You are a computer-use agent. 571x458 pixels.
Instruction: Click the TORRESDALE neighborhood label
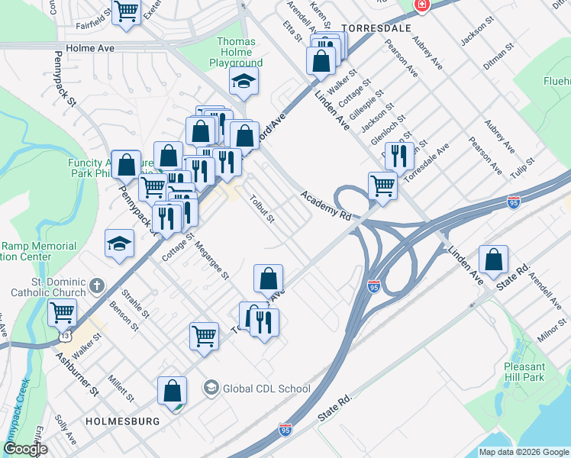click(370, 27)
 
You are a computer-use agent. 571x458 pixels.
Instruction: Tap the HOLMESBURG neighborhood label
click(122, 421)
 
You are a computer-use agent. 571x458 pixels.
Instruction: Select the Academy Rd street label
click(326, 206)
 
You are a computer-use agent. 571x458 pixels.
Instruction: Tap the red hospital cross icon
click(421, 6)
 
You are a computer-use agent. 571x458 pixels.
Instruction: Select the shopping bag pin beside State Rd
click(495, 260)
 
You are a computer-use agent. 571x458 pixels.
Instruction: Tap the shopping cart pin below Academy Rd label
click(382, 185)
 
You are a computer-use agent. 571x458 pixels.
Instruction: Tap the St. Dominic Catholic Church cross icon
click(96, 285)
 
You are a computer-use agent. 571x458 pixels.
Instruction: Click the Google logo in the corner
click(25, 449)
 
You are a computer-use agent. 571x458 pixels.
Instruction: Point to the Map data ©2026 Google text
click(523, 452)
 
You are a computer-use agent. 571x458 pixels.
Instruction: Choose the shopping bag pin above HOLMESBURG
click(173, 390)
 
